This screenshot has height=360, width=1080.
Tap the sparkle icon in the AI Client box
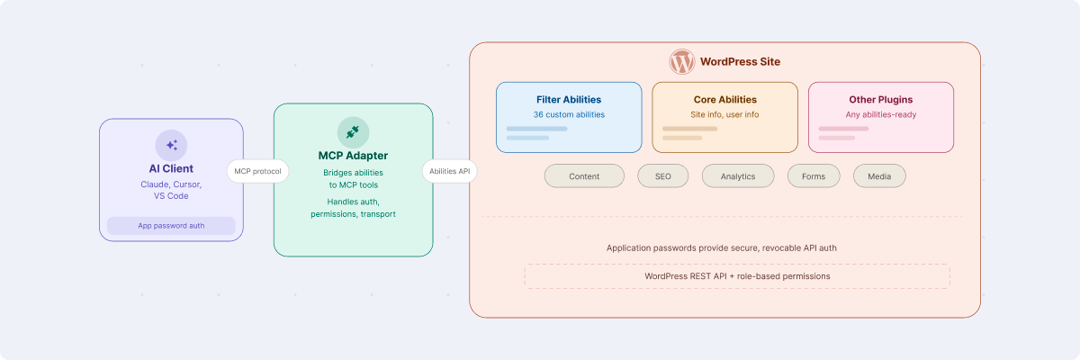[171, 145]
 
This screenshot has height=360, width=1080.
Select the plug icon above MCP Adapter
[353, 132]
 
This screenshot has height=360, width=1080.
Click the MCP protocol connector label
[258, 171]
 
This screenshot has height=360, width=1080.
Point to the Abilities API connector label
[450, 171]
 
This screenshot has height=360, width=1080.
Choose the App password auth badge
[171, 226]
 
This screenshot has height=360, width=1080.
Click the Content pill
[584, 176]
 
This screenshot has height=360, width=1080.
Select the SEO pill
[662, 176]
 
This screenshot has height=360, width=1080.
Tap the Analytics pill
[738, 176]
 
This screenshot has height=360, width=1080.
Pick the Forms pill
[814, 176]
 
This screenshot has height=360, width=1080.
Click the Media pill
[879, 176]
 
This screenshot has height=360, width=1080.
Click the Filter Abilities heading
[569, 100]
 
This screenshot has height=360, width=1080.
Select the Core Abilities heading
[724, 100]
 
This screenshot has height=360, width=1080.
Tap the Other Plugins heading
[880, 100]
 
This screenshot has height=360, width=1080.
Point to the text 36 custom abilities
[569, 115]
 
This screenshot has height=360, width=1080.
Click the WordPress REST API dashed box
[737, 276]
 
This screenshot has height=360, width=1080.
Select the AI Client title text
[171, 168]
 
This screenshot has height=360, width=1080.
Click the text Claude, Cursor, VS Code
[171, 190]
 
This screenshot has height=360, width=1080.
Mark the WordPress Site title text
[740, 62]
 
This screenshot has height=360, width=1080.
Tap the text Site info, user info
[724, 115]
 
